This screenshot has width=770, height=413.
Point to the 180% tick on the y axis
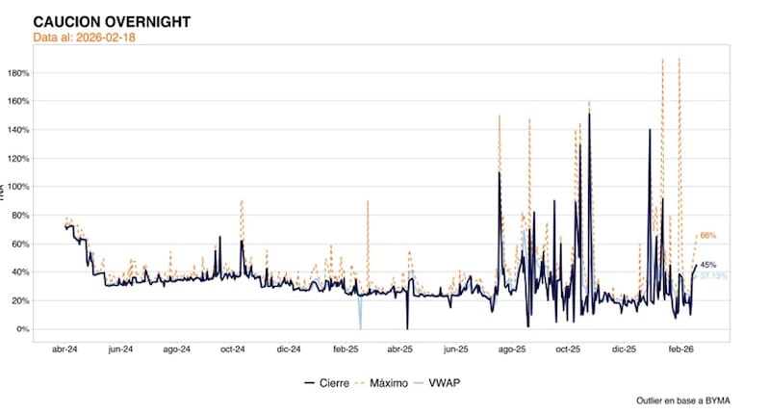click(44, 73)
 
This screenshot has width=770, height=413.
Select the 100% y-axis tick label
click(44, 187)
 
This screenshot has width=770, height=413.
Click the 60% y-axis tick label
click(46, 244)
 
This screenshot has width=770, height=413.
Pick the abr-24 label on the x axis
click(65, 350)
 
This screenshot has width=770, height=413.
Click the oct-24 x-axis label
click(233, 350)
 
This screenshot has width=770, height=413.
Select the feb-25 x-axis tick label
click(345, 350)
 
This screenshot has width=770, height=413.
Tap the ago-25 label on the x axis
click(511, 350)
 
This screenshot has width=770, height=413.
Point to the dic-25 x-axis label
click(624, 350)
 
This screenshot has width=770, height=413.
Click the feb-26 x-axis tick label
click(680, 350)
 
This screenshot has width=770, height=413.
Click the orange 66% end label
click(707, 236)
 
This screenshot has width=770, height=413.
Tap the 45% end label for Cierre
click(707, 265)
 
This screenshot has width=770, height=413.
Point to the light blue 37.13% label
click(712, 276)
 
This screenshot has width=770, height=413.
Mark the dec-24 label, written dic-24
click(289, 350)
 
